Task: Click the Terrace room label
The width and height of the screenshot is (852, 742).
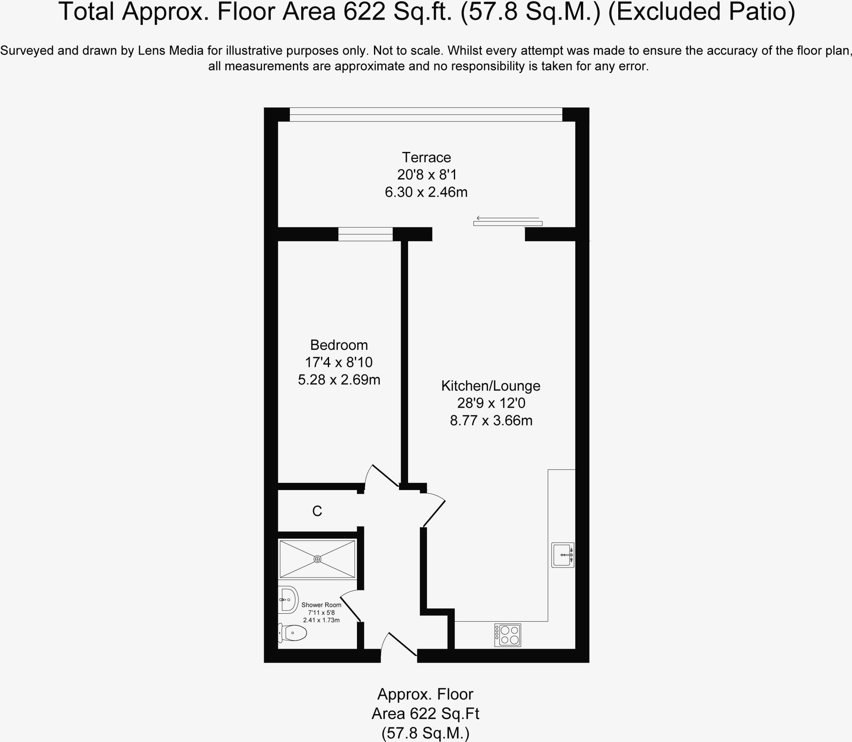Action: [x=426, y=157]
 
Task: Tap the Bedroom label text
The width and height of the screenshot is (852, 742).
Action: [x=339, y=345]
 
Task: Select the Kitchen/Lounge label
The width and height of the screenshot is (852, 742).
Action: [x=490, y=386]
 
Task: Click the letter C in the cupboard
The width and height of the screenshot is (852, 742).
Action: [x=317, y=511]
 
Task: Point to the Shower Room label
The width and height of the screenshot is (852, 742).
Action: [x=321, y=605]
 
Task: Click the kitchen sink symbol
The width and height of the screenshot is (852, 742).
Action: [x=562, y=555]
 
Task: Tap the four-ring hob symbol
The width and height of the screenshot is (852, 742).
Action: [x=508, y=635]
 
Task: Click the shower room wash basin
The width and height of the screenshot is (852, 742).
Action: [x=288, y=600]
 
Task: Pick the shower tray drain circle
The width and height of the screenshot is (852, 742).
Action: [x=317, y=559]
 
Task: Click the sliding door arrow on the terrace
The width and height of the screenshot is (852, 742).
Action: [x=508, y=218]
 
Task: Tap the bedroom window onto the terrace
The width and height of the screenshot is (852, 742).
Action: [x=365, y=234]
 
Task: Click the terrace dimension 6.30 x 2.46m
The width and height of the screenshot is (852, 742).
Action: [x=426, y=192]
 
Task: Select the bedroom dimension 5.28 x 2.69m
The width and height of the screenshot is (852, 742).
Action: [x=339, y=380]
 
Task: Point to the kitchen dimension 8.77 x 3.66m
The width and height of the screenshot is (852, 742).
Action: [x=491, y=421]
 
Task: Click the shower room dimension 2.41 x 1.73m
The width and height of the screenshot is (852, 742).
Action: [x=321, y=620]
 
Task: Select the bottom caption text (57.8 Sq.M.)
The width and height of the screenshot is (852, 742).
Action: [x=425, y=733]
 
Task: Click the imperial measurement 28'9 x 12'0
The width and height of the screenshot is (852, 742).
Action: [x=491, y=403]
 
